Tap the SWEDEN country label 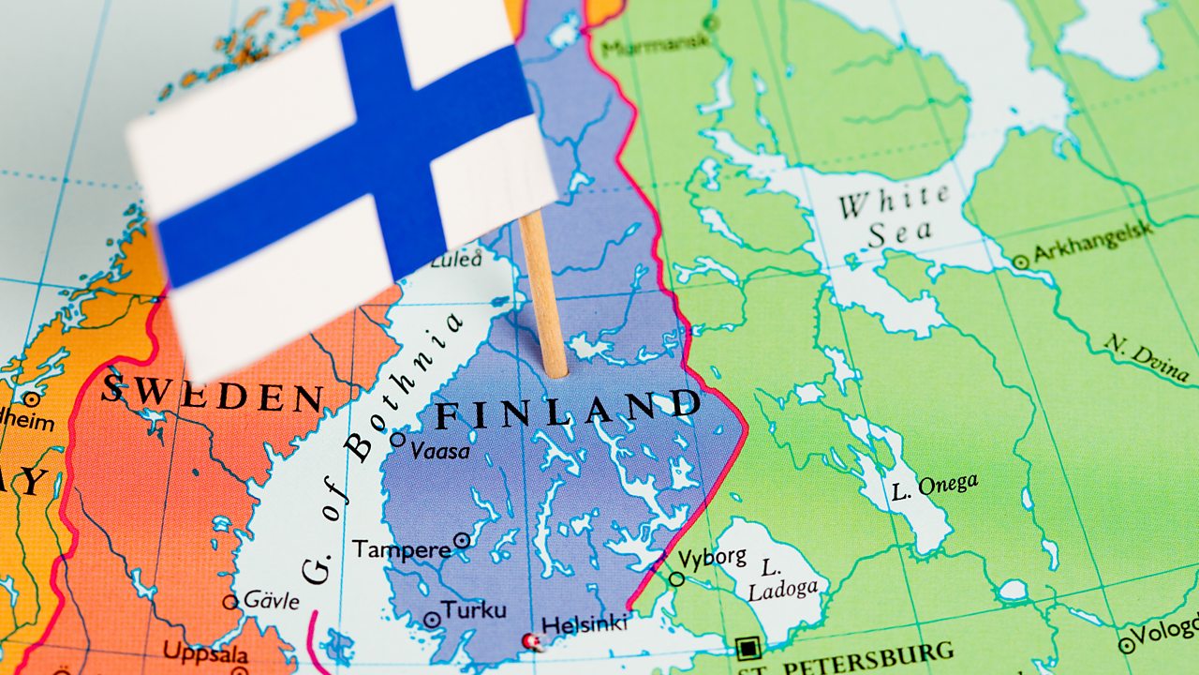tap(213, 393)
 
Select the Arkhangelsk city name tap(1093, 243)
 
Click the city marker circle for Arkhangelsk tap(1020, 263)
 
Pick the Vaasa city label tap(439, 451)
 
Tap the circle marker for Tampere tap(462, 540)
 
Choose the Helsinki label tap(585, 623)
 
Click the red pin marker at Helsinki tap(533, 641)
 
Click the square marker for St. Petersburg tap(747, 648)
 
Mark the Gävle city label tap(271, 600)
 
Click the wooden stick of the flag tap(543, 295)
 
